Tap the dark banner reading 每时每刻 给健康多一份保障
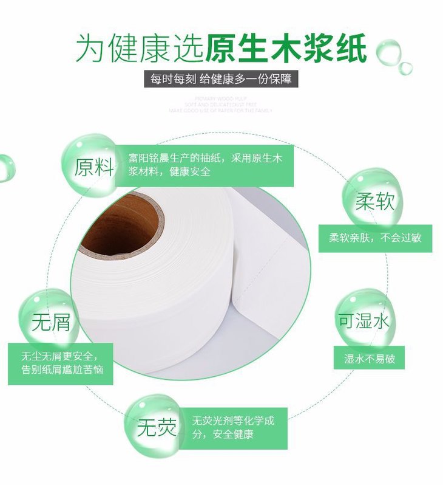tap(221, 80)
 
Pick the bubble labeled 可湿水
tap(364, 320)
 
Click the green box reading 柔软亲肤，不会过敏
tap(375, 238)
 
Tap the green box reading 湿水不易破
tap(369, 358)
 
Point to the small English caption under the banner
tap(221, 104)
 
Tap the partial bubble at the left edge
tap(5, 167)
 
